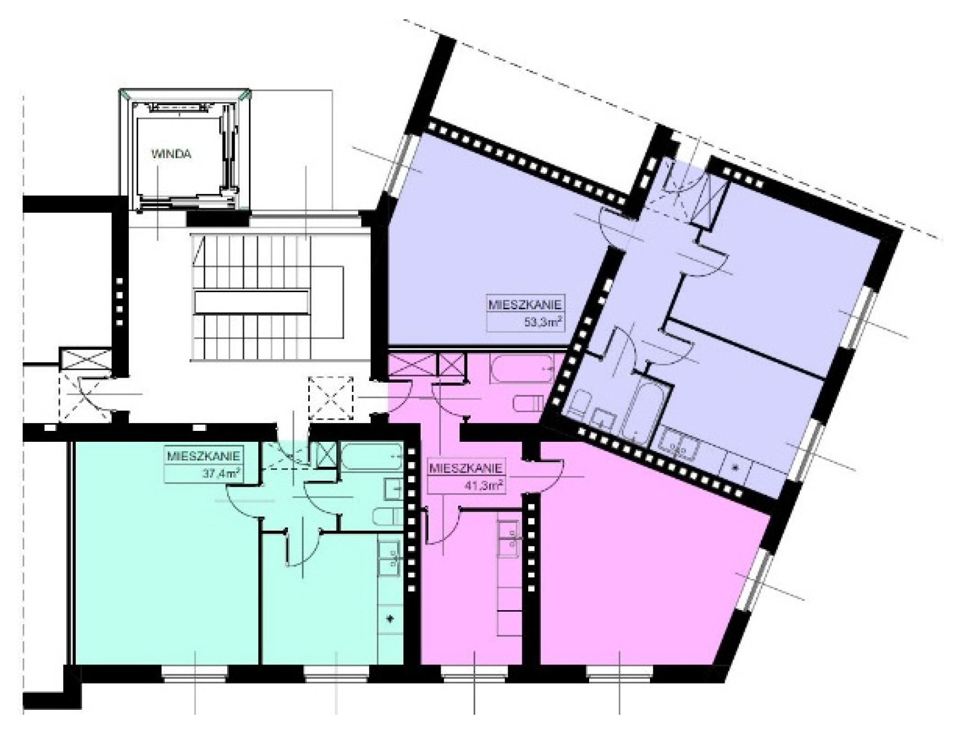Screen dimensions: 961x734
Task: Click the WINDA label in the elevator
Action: point(171,154)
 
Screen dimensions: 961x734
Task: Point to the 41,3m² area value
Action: point(485,486)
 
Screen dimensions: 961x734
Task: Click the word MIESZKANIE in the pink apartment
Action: point(466,469)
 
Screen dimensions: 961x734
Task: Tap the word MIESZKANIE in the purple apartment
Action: point(525,304)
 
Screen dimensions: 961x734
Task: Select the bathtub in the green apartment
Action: point(372,457)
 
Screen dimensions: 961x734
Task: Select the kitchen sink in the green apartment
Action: point(390,557)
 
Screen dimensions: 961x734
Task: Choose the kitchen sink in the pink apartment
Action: point(508,539)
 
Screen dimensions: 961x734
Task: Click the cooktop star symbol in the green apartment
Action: point(391,619)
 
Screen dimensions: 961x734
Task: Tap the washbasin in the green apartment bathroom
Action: point(393,488)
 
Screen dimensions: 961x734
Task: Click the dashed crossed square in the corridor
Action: point(331,398)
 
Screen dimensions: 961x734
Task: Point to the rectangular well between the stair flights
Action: point(252,303)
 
